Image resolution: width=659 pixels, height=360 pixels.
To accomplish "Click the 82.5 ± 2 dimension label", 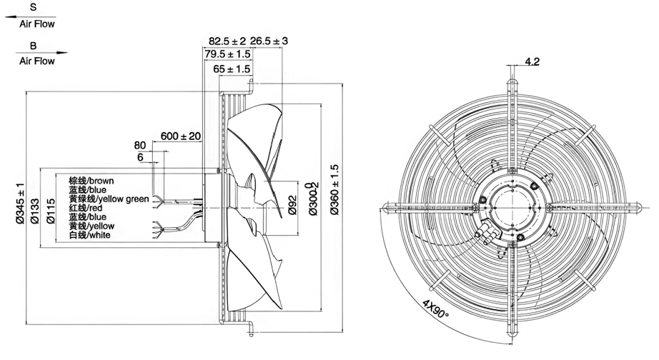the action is (x=227, y=41).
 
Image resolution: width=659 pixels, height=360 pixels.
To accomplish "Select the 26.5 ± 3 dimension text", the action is (x=269, y=41).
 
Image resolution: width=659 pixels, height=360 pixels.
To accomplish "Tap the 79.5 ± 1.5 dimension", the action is (x=227, y=54).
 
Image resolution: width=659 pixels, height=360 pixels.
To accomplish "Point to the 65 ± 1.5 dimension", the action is (x=232, y=69).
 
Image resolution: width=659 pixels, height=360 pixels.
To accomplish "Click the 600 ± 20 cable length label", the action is (x=181, y=136).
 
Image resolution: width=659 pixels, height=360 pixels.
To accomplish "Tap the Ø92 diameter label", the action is (x=293, y=205).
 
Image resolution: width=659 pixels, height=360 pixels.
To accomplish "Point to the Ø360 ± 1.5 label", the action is (x=335, y=190).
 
